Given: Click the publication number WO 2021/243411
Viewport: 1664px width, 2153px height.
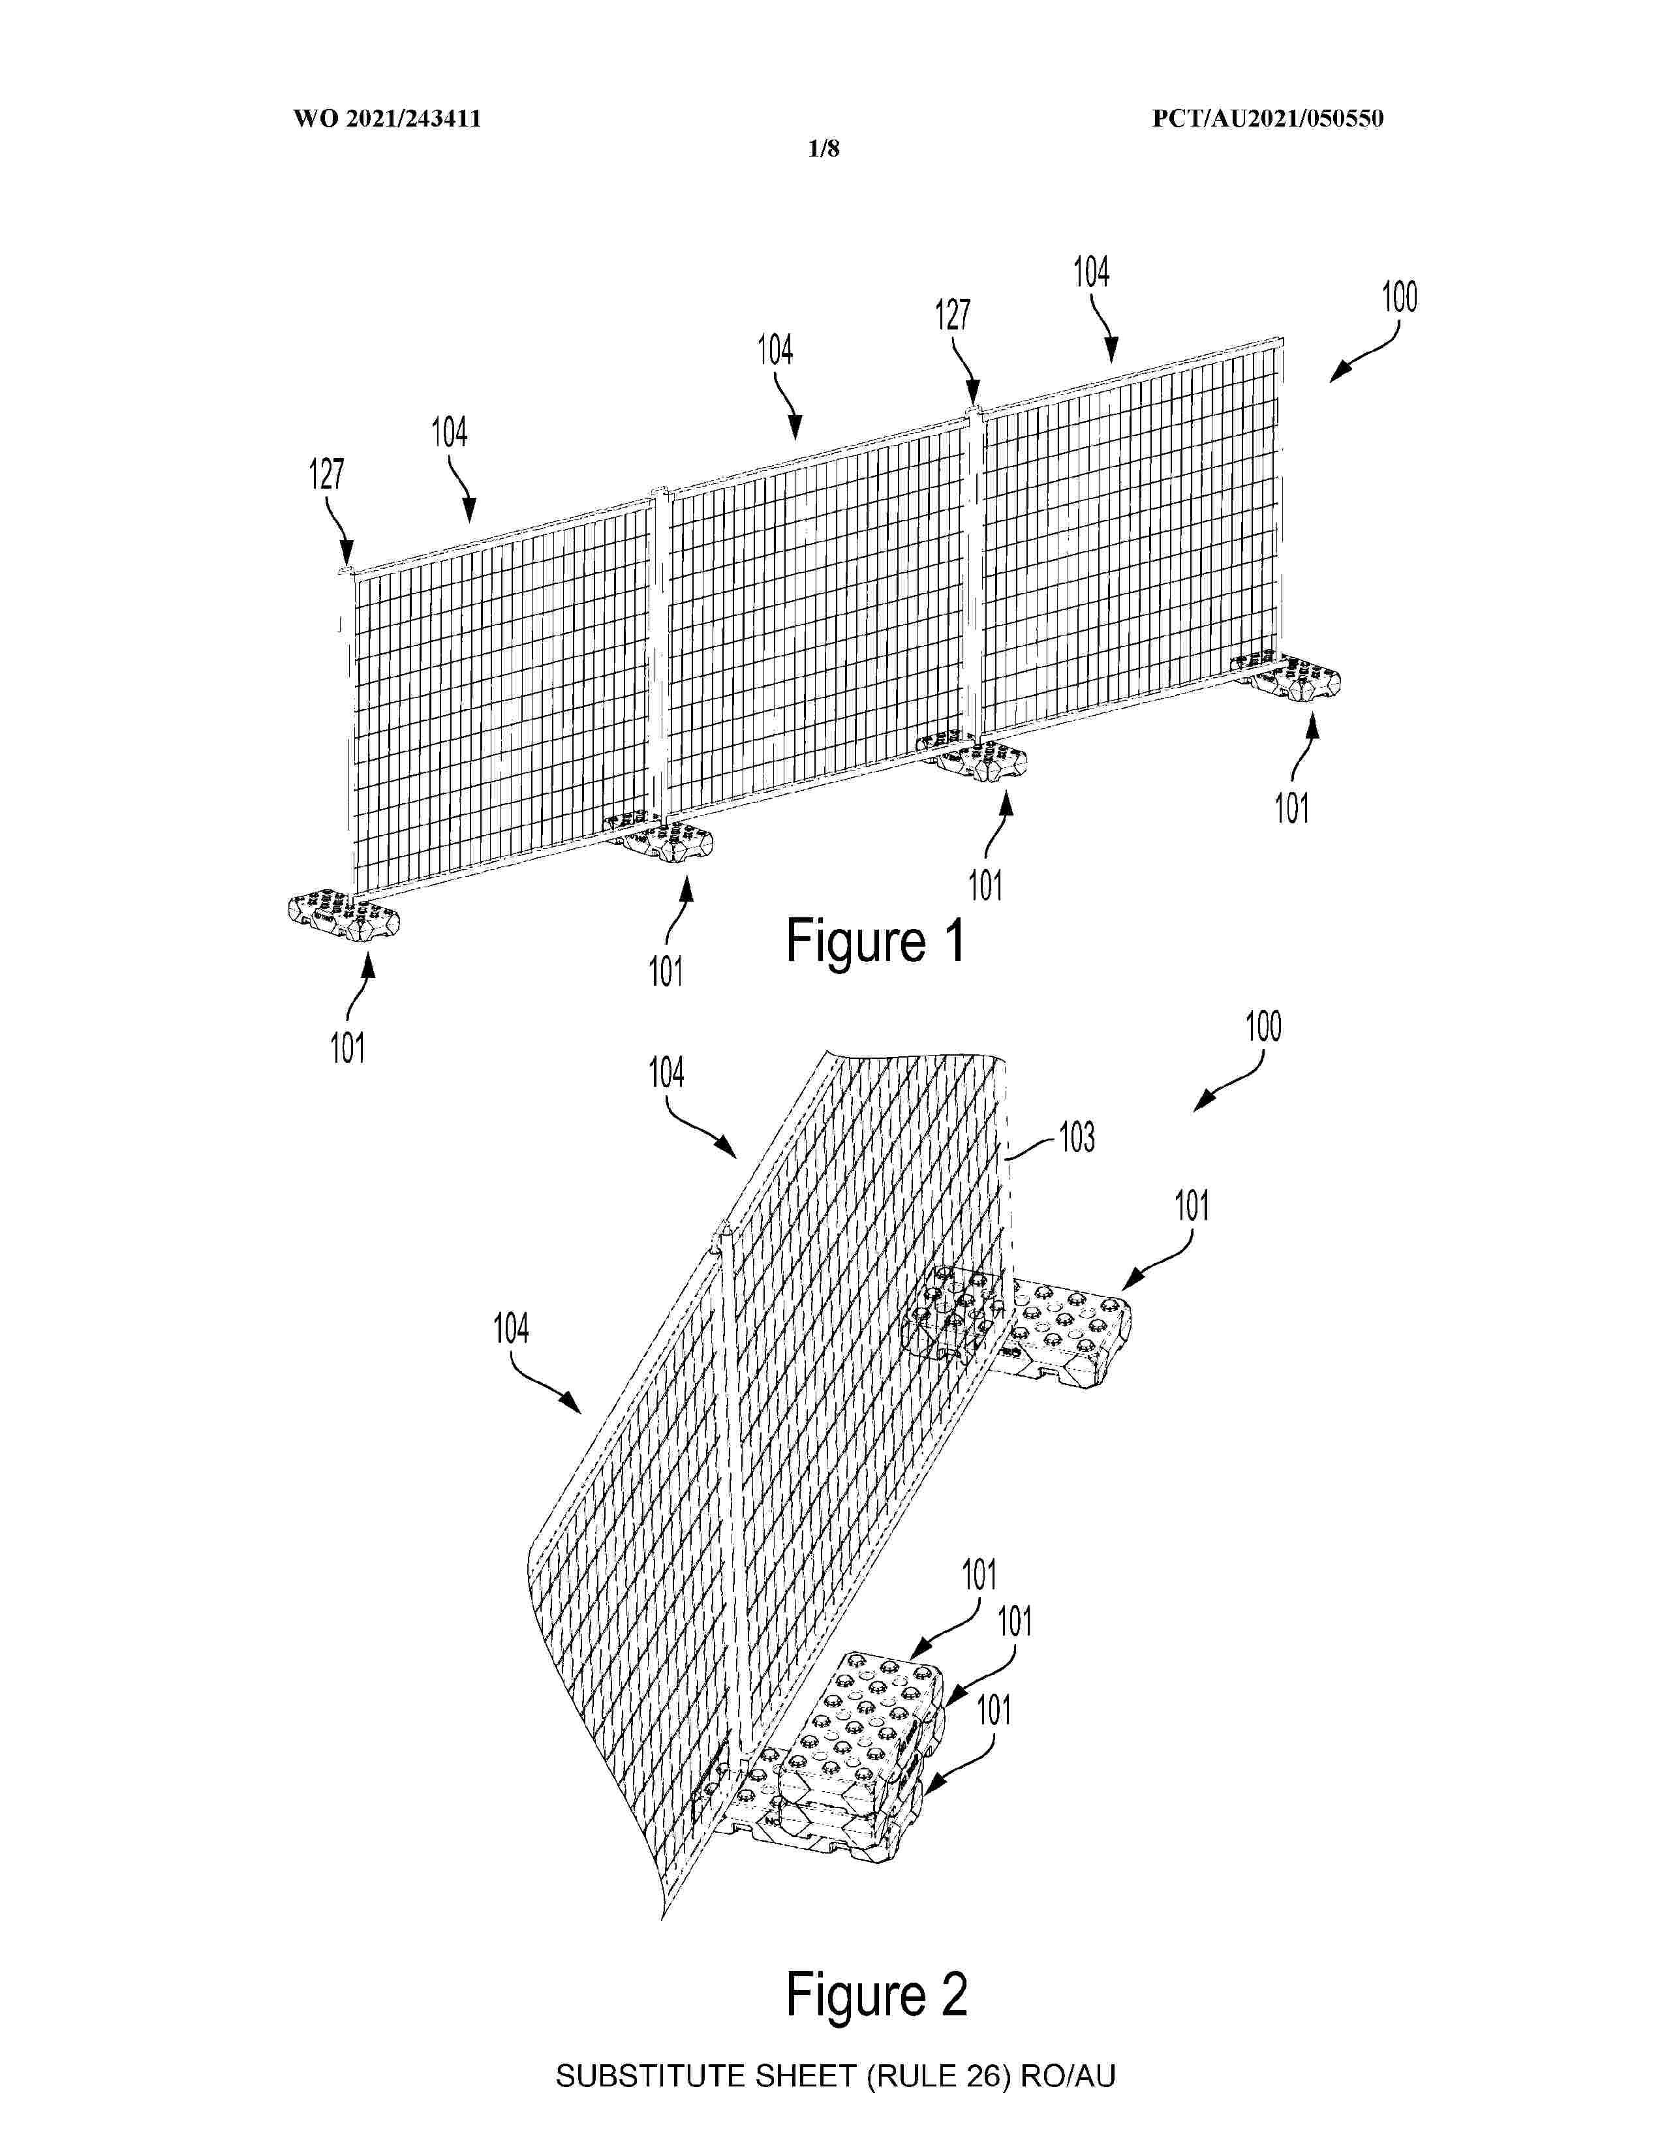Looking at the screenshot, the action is [x=386, y=119].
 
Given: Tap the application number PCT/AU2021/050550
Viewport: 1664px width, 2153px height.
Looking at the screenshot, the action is [x=1268, y=119].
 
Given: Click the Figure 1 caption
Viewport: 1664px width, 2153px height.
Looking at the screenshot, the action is [x=875, y=939].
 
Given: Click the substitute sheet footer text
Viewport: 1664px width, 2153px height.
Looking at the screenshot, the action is [x=835, y=2075].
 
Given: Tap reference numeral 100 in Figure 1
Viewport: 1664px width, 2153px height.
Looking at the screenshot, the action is [x=1399, y=297].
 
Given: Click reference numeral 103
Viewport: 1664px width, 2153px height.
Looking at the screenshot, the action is [x=1077, y=1138].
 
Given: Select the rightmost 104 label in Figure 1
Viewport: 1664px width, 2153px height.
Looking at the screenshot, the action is [x=1091, y=272].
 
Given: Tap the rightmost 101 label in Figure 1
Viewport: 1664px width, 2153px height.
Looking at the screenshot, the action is [x=1291, y=808].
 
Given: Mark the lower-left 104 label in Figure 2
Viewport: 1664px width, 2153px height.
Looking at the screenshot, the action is [x=511, y=1329].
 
